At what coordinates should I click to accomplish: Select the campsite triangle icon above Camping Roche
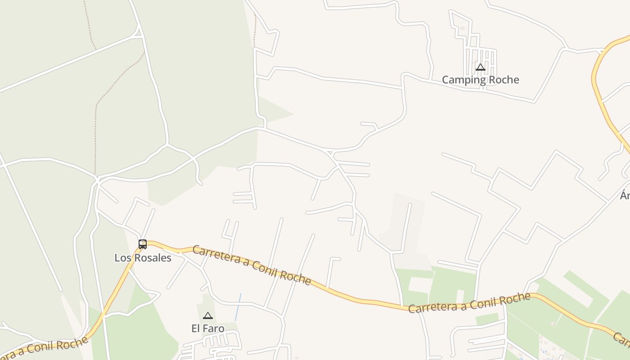(480, 67)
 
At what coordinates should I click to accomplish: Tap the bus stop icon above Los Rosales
(143, 244)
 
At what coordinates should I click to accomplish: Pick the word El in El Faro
(196, 328)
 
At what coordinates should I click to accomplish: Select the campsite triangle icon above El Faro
(207, 315)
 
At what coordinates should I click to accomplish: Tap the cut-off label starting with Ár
(625, 195)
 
